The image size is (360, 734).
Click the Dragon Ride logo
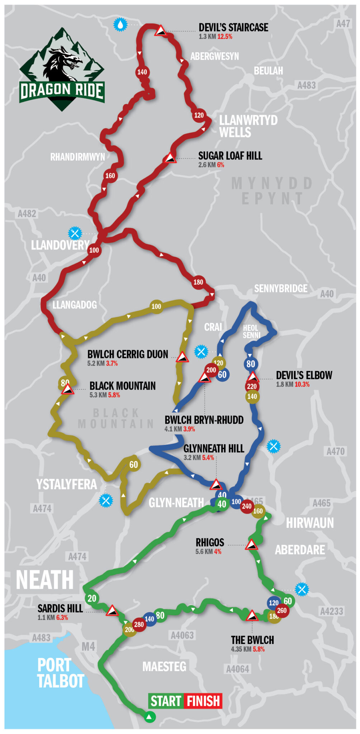62,70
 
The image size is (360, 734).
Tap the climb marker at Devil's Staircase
160,31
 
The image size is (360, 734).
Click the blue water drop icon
120,24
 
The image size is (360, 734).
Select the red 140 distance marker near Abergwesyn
142,72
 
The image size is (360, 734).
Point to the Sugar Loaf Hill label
230,156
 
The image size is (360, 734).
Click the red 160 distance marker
110,176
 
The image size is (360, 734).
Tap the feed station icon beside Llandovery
75,233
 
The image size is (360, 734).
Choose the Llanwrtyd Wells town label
248,126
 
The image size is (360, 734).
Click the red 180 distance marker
198,282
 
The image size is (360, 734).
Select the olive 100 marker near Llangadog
156,306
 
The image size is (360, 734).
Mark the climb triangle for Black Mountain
67,389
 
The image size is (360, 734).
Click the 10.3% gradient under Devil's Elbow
302,385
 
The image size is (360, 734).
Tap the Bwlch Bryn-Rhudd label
204,420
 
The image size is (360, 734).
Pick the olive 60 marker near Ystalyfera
133,465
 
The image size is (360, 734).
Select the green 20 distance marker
92,598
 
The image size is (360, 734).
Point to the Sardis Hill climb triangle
112,610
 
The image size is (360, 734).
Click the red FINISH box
203,701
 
